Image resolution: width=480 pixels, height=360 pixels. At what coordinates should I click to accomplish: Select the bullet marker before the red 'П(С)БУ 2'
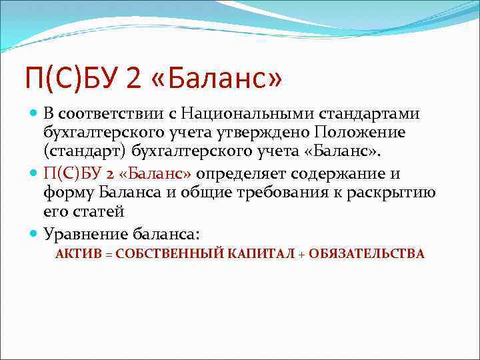coord(35,174)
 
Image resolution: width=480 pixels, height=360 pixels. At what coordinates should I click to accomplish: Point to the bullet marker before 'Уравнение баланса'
coord(35,233)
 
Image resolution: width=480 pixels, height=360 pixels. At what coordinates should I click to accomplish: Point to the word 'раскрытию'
coord(399,193)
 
